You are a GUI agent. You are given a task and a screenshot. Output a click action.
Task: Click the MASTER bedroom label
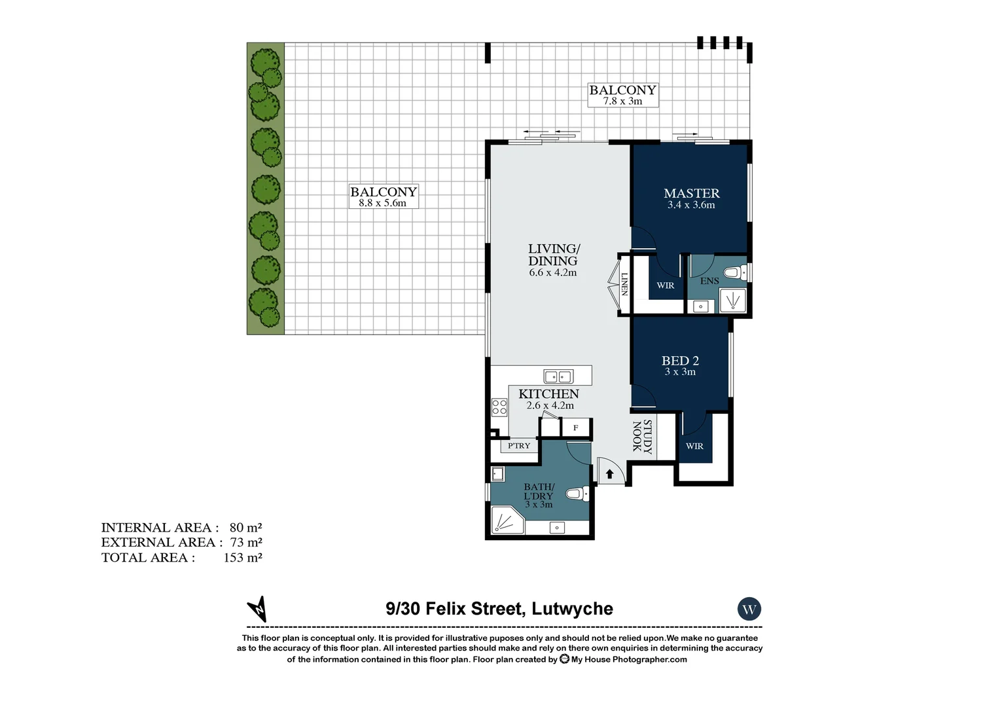point(691,193)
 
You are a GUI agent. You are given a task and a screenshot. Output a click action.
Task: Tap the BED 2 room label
point(680,361)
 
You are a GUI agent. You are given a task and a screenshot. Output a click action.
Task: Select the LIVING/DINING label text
point(554,255)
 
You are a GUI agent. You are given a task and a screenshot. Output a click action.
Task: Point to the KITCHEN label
point(548,394)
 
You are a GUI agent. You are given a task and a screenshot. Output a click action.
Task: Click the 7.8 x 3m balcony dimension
point(622,101)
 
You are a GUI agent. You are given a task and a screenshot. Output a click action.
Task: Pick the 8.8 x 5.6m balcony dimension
point(382,203)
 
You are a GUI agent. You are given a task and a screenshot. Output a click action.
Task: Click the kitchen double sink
point(559,376)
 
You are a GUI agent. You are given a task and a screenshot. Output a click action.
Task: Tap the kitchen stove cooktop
point(499,407)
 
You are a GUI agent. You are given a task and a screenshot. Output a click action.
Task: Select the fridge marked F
point(576,428)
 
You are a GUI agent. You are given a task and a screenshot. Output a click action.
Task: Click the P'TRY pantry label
point(519,446)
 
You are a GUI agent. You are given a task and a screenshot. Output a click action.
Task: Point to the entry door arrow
point(610,473)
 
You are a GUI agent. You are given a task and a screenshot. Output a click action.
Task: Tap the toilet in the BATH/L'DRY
point(576,494)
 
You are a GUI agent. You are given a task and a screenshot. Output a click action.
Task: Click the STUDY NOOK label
point(641,437)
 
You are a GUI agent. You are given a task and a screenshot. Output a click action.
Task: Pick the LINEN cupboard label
point(624,284)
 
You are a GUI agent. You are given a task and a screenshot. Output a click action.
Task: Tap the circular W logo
point(749,609)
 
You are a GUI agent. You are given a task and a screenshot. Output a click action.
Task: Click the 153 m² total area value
point(243,558)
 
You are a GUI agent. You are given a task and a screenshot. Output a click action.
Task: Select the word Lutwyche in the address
point(572,609)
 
